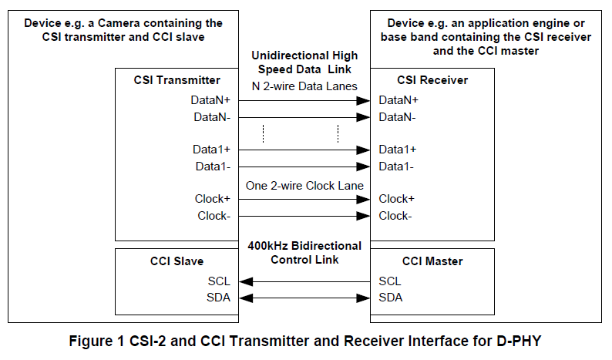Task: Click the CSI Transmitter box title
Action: coord(177,80)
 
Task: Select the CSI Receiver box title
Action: coord(432,80)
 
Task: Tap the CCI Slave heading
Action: coord(177,261)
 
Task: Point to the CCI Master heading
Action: coord(432,261)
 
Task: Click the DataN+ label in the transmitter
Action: coord(210,100)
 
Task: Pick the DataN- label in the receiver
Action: coord(397,117)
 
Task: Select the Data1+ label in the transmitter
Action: coord(211,150)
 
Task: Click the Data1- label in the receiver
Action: coord(396,167)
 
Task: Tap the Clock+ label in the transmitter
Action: coord(213,199)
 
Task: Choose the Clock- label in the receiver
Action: coord(395,216)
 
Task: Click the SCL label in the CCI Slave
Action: coord(219,281)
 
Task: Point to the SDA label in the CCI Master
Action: coord(391,298)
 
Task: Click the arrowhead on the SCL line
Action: coord(246,281)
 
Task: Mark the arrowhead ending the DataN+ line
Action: coord(363,101)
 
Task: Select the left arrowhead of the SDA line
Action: coord(246,298)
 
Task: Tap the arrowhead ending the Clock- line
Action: coord(363,216)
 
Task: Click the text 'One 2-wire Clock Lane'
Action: coord(304,186)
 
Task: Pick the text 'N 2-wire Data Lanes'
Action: coord(304,86)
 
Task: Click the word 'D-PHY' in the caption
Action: coord(519,341)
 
